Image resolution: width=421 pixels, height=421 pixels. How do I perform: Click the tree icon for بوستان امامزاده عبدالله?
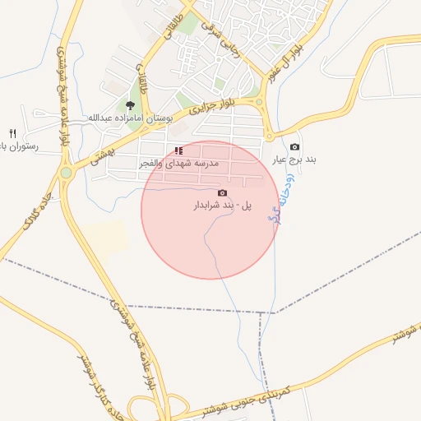(130, 104)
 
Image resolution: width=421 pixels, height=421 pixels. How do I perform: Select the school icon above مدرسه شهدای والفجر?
(178, 150)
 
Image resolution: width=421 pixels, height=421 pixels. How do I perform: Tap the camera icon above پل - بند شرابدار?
(222, 192)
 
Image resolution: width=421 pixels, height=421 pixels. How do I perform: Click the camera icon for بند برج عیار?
(294, 146)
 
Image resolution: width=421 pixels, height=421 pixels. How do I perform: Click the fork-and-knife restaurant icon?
(12, 132)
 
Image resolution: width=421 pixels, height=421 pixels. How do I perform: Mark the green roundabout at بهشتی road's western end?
(66, 173)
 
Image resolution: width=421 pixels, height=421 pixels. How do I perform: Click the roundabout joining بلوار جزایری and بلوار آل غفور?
(261, 103)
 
